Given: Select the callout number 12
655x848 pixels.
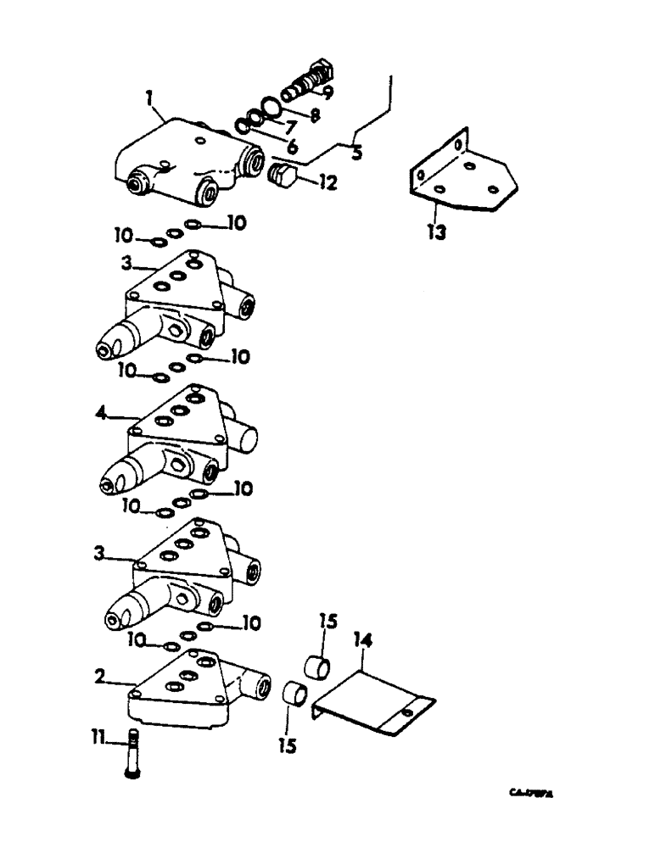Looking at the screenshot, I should (x=326, y=181).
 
